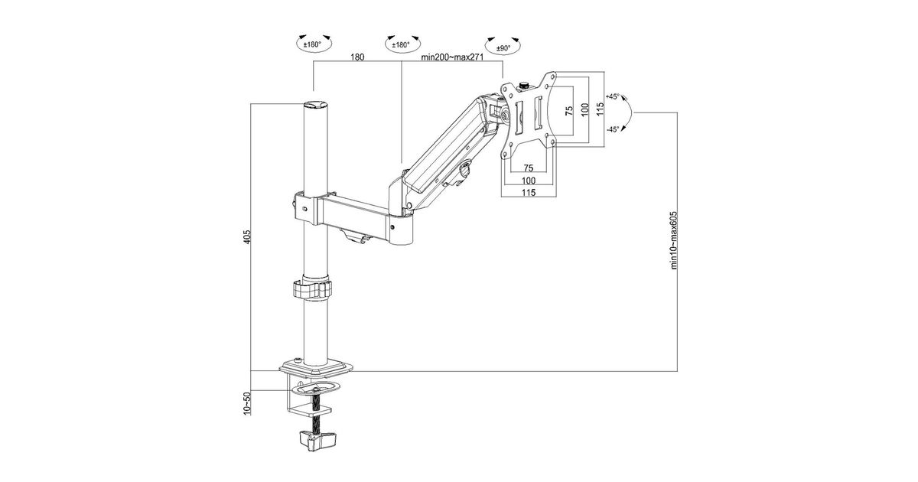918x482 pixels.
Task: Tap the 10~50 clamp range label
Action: coord(246,404)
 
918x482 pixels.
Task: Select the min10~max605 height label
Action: coord(674,240)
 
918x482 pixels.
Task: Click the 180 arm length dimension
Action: coord(357,57)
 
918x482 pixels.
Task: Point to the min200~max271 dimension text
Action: coord(452,57)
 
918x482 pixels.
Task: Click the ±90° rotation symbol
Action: coord(503,46)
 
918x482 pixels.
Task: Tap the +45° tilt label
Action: coord(612,96)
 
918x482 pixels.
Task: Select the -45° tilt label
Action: coord(612,129)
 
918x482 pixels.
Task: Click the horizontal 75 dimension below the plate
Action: coord(529,168)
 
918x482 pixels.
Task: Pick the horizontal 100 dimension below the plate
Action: coord(529,181)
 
